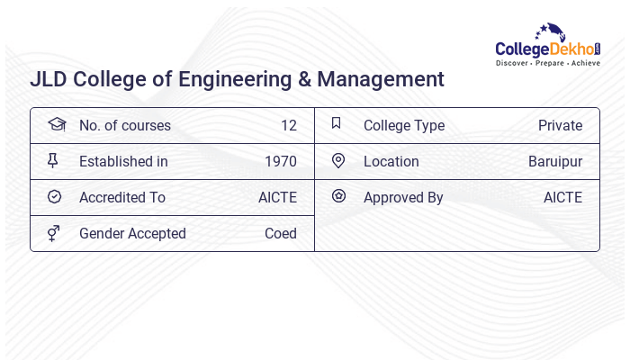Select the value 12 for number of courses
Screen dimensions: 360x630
288,126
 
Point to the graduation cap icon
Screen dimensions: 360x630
56,125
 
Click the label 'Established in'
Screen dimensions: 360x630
123,162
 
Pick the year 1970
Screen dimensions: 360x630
280,162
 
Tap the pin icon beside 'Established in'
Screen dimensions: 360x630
54,161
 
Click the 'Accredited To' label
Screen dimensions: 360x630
121,198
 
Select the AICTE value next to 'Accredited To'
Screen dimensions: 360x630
277,198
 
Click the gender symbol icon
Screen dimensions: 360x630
54,233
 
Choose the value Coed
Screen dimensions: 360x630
280,234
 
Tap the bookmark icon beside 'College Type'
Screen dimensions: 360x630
337,124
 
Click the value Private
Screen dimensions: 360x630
560,126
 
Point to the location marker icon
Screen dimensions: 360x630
338,161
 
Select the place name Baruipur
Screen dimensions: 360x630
555,162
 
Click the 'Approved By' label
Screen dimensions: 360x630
403,198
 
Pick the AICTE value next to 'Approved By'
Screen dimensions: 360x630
562,198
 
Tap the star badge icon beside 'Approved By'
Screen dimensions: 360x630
338,196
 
